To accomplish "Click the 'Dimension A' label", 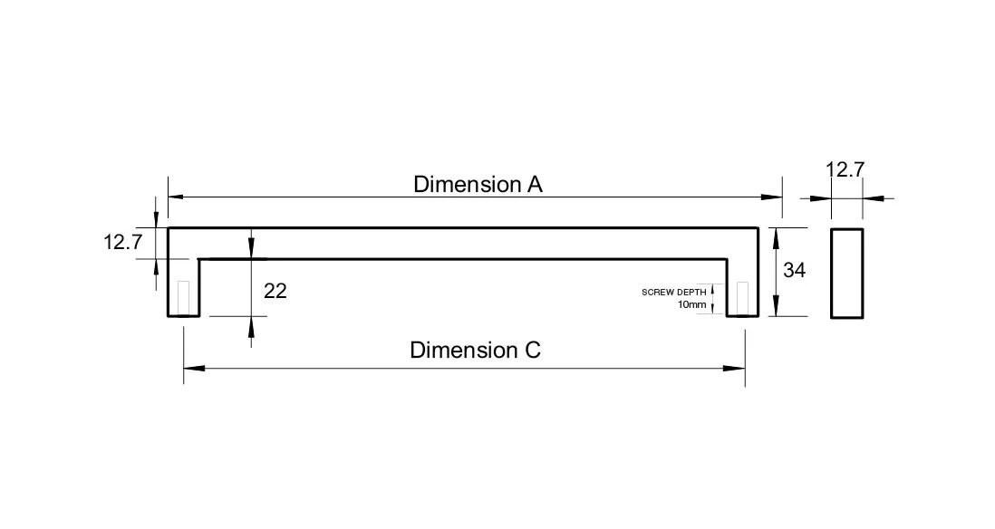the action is (478, 185).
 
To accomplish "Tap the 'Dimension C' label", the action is (475, 351).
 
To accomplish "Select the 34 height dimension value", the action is (794, 270).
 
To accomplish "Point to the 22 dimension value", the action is (275, 291).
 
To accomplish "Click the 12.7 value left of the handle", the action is (123, 242).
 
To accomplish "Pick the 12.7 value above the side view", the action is (845, 170).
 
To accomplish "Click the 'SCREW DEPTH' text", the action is (674, 293).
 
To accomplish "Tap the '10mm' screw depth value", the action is (691, 304).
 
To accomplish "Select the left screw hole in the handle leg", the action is (184, 297).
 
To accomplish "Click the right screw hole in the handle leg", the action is (742, 298).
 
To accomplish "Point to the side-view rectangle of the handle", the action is (846, 274).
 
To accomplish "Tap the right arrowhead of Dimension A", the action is (772, 197).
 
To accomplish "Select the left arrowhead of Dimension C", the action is (194, 368).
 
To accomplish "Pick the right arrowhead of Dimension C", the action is (734, 368).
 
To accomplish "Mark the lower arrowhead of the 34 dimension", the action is (776, 305).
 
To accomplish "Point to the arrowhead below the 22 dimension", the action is (251, 327).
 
